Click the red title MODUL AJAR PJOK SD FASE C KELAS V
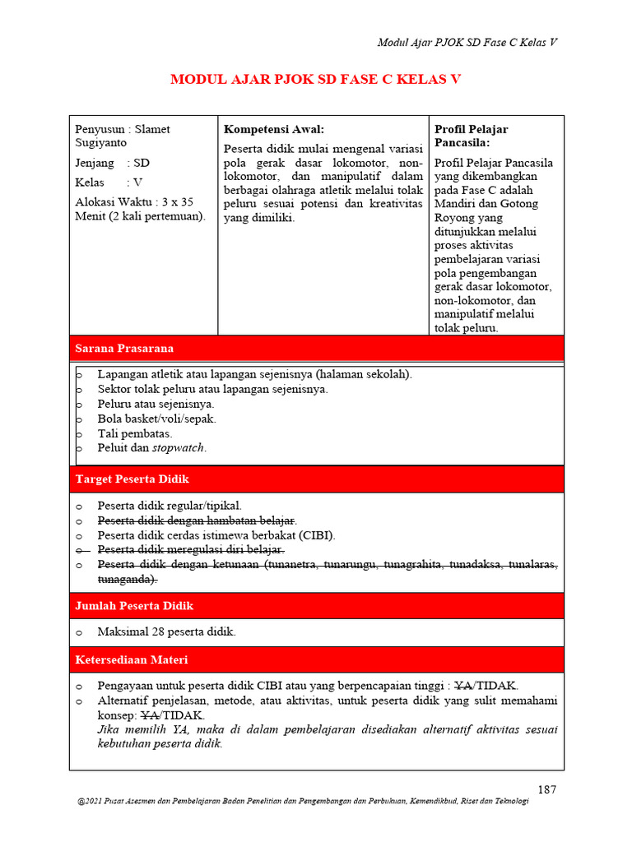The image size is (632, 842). pos(315,80)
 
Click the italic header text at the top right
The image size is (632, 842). pos(467,43)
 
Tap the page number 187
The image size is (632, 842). pos(547,789)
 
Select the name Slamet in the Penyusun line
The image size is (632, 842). pos(152,129)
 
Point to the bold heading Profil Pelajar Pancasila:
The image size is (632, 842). pos(472,136)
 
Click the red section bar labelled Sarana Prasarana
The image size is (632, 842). pos(316,348)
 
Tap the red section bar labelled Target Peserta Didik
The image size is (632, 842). pos(316,479)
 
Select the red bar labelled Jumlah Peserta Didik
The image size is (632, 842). pos(316,605)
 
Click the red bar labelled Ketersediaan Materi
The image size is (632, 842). pos(316,659)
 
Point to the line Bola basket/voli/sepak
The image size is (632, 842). pos(156,419)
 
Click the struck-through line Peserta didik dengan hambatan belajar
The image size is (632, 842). pos(197,520)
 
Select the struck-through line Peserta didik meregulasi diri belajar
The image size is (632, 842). pos(191,549)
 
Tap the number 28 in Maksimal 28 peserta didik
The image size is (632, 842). pos(160,631)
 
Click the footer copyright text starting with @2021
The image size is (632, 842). pos(301,803)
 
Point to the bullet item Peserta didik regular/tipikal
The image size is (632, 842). pos(170,506)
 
